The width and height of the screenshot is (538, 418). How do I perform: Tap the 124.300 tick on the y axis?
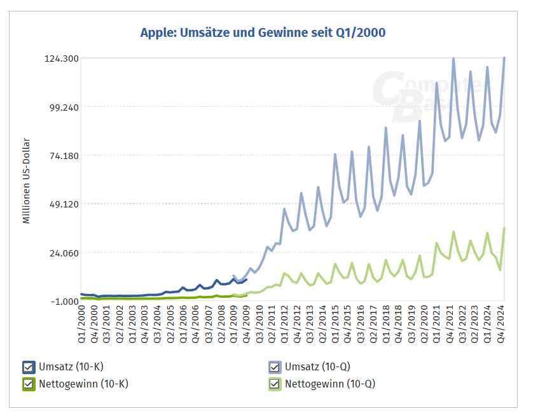(62, 59)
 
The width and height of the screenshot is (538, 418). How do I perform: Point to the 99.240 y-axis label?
(62, 107)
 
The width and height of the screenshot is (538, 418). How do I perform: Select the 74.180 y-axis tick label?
(62, 156)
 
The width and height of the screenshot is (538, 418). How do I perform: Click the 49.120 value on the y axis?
(62, 204)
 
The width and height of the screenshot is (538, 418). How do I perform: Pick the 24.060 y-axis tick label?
(62, 253)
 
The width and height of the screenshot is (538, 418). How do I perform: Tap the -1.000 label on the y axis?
(64, 301)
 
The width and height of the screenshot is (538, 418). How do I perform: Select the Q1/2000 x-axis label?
(82, 325)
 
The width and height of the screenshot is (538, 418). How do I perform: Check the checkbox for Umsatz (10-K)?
(28, 367)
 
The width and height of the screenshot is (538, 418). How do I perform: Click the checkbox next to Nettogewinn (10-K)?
(28, 384)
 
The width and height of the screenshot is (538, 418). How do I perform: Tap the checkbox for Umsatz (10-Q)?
(274, 367)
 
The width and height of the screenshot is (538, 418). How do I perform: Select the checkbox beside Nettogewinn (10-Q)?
(274, 384)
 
